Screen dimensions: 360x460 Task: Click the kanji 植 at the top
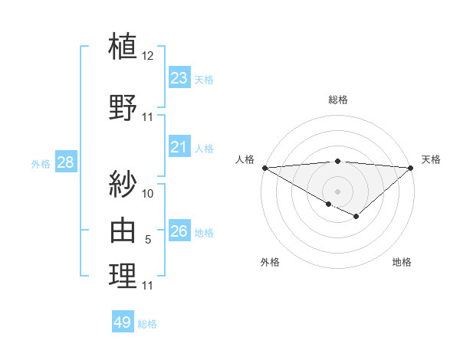coord(123,45)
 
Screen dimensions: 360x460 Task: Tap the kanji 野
coord(123,106)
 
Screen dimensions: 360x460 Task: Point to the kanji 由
coord(123,230)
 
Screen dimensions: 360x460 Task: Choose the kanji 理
coord(123,276)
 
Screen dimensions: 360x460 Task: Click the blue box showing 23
coord(179,78)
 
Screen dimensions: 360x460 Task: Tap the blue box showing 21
coord(179,147)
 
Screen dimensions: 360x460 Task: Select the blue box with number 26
coord(179,231)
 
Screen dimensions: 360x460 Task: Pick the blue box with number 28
coord(65,162)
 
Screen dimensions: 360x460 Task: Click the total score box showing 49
coord(123,322)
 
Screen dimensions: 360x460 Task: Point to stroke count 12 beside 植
coord(148,55)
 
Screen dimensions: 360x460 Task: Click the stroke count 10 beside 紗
coord(148,193)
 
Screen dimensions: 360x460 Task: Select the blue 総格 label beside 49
coord(147,324)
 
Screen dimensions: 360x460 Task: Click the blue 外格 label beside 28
coord(40,163)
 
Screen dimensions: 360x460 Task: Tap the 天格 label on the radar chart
coord(431,159)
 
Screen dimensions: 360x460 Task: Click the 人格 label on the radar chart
coord(245,159)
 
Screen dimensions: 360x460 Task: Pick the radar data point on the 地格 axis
coord(356,217)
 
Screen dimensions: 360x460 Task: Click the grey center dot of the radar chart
coord(337,191)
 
